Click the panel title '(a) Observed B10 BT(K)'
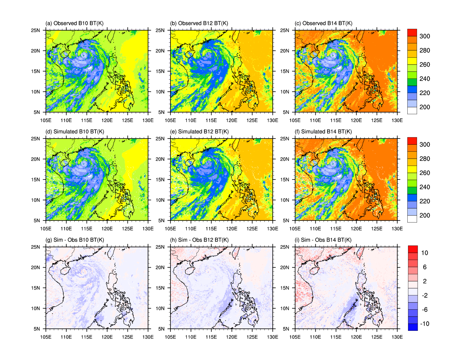[74, 23]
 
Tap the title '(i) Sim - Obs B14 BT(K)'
[323, 240]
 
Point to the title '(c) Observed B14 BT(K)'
[324, 23]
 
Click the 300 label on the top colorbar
[424, 36]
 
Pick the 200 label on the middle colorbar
[424, 215]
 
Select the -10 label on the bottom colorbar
[424, 324]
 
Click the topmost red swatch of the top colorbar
[412, 32]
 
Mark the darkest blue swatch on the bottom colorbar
[413, 327]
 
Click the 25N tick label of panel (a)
[35, 30]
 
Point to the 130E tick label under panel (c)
[397, 120]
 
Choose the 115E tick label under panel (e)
[211, 229]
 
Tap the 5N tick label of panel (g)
[37, 329]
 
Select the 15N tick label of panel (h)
[160, 288]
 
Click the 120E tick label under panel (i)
[356, 337]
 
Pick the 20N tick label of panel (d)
[35, 159]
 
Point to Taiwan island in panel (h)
[236, 252]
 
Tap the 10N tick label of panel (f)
[285, 200]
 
